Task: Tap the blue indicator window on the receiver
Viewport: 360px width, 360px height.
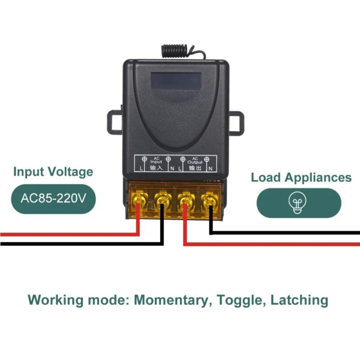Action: click(x=175, y=81)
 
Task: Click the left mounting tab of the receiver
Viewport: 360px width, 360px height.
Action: click(x=114, y=121)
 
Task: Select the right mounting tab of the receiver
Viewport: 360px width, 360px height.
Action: click(x=236, y=121)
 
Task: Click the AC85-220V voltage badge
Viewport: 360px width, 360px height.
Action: click(x=53, y=198)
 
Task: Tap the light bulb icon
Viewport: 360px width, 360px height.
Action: click(x=298, y=203)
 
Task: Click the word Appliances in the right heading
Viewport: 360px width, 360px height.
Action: click(x=318, y=177)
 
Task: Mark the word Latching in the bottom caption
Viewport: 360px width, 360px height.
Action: click(x=299, y=300)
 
